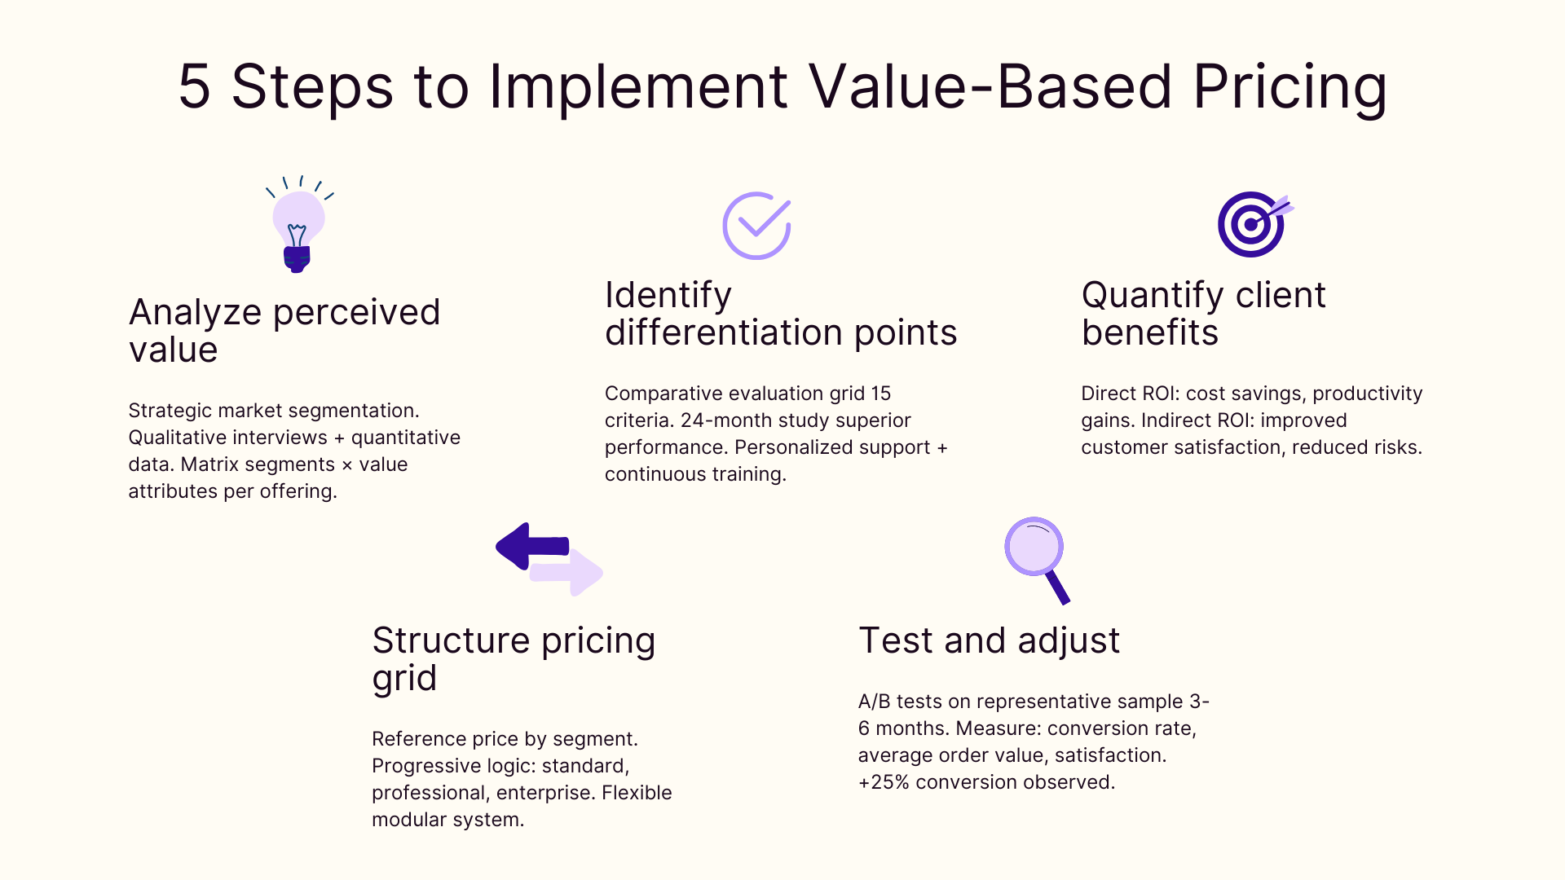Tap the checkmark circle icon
[756, 226]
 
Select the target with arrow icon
[1253, 224]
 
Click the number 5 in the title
[194, 86]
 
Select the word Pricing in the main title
[1289, 86]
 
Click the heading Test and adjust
[989, 640]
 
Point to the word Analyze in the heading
[195, 313]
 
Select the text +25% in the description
[883, 782]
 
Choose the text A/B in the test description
[874, 702]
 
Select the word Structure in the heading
[451, 640]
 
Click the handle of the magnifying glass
[1058, 587]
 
